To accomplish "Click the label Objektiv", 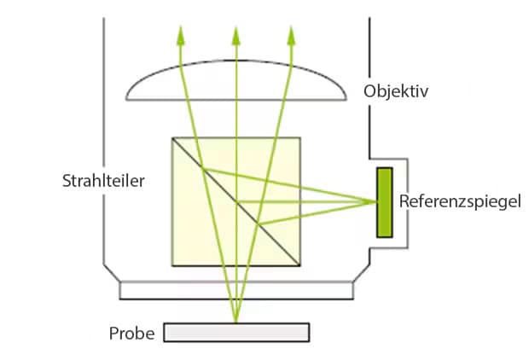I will (396, 91).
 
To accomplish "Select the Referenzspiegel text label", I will (459, 202).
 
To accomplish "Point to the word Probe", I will (131, 333).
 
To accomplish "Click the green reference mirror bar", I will (385, 202).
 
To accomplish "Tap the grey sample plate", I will (236, 332).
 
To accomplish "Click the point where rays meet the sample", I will (236, 322).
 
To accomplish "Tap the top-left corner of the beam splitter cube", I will (172, 138).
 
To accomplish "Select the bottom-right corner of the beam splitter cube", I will (300, 266).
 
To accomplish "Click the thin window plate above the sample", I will (236, 291).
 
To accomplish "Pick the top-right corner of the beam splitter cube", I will (300, 138).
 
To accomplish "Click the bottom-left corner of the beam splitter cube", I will (172, 266).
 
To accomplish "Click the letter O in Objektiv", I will (369, 90).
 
